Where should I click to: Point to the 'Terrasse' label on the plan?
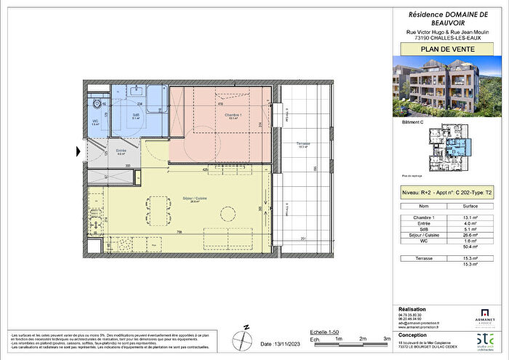(x=304, y=144)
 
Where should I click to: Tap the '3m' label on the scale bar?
(x=387, y=339)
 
